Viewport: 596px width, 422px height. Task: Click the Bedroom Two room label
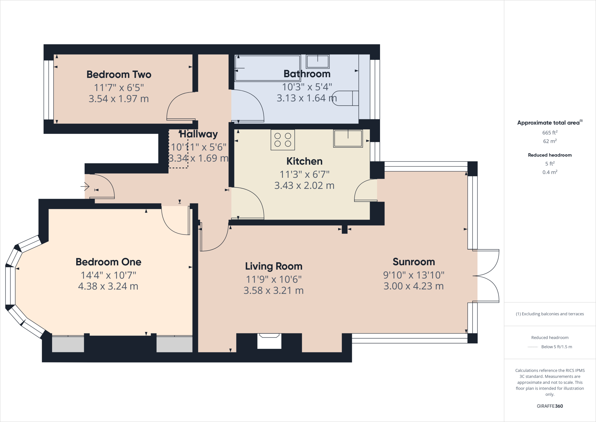[119, 75]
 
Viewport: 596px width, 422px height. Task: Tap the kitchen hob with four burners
[283, 140]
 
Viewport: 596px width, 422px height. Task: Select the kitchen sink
[348, 138]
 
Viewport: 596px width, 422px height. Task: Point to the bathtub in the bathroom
[267, 68]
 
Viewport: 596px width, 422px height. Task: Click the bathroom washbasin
[317, 61]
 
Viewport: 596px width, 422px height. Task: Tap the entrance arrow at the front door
[85, 186]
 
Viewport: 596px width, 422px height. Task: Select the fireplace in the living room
[269, 341]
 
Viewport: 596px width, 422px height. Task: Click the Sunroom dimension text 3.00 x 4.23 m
[414, 286]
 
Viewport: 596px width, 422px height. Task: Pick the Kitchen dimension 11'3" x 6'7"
[304, 174]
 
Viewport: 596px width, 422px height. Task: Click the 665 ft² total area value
[550, 133]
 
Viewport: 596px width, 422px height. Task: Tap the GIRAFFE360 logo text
[550, 406]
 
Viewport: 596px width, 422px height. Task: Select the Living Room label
[274, 266]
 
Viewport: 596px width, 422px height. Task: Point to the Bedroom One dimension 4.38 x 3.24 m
[108, 286]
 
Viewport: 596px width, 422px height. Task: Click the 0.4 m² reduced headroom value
[550, 172]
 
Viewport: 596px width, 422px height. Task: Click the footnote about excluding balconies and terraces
[550, 314]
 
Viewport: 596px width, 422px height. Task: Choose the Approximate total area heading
[549, 123]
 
